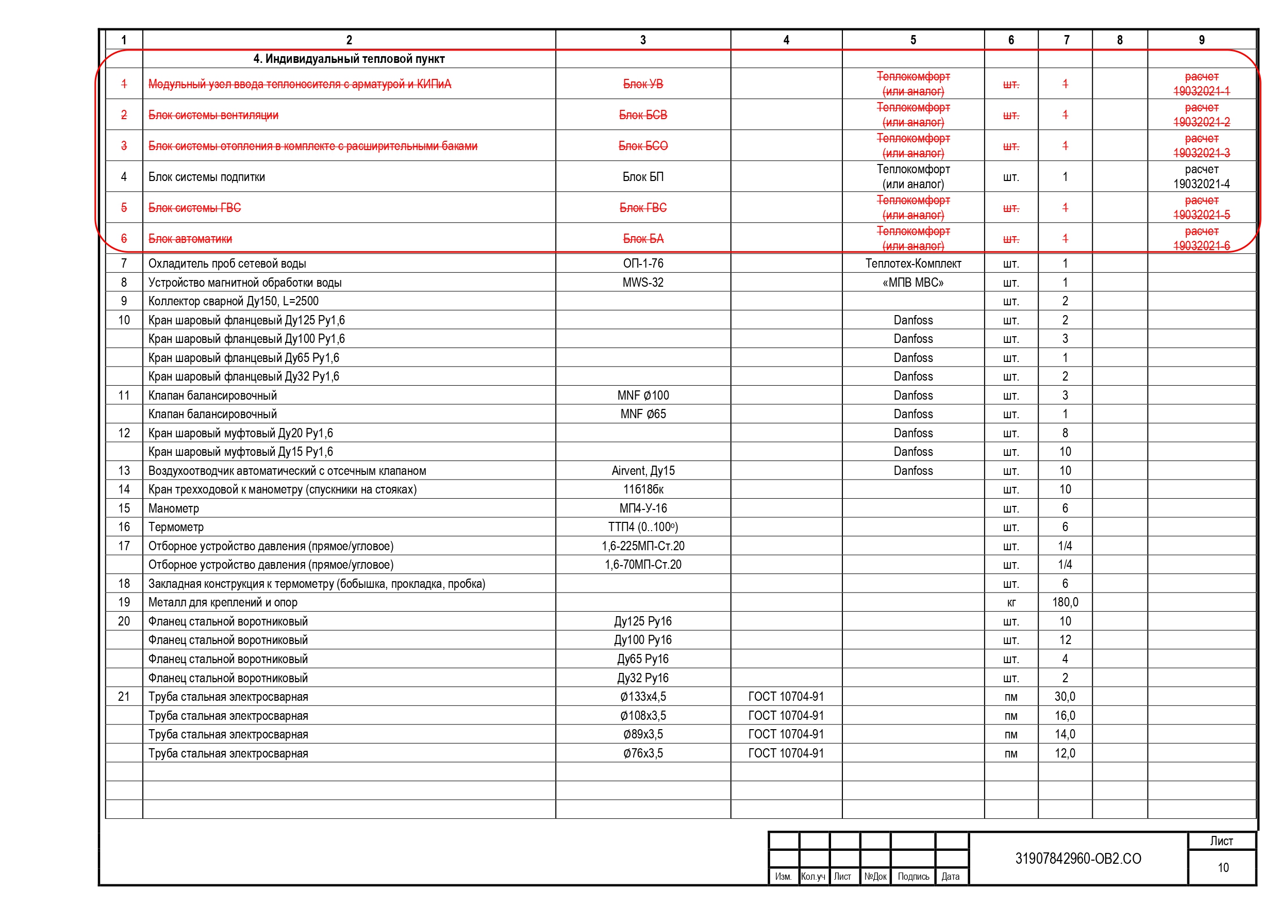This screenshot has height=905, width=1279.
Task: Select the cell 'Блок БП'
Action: click(x=643, y=177)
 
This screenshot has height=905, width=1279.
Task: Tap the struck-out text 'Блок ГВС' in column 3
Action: click(x=643, y=208)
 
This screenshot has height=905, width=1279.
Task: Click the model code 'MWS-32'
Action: click(x=643, y=283)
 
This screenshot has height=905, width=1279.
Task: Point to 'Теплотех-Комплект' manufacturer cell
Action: click(x=913, y=264)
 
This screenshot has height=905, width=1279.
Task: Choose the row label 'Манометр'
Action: click(x=173, y=508)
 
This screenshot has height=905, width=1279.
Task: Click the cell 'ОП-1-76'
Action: click(x=643, y=264)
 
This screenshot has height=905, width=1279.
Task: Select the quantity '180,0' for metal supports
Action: click(x=1065, y=602)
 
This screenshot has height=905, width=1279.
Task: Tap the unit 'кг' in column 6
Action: click(x=1011, y=602)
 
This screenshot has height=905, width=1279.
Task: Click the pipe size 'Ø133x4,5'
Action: click(x=643, y=697)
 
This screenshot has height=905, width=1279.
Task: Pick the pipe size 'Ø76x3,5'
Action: click(x=643, y=753)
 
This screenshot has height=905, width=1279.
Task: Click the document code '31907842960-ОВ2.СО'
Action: click(x=1078, y=859)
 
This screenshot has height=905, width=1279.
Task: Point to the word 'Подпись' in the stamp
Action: click(x=913, y=877)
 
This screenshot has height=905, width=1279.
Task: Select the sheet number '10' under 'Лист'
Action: click(x=1223, y=868)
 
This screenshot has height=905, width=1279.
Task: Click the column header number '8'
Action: click(x=1120, y=40)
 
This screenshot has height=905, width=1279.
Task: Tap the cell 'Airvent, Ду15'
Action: click(x=643, y=471)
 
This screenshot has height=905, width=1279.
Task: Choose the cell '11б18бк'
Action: click(x=643, y=489)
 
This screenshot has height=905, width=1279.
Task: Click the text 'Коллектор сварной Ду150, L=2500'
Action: click(x=234, y=302)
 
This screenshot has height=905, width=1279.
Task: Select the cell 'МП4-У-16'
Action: click(x=643, y=508)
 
